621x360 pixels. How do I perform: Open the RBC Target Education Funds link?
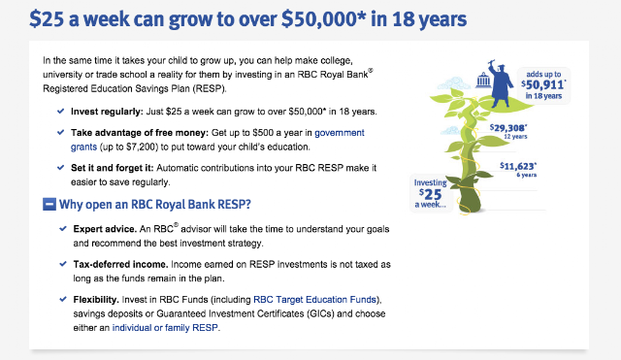[314, 300]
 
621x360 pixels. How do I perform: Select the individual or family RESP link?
[165, 328]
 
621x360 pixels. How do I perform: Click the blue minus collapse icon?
[49, 205]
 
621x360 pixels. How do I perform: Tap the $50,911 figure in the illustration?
[543, 84]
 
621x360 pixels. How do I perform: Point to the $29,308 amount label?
[508, 127]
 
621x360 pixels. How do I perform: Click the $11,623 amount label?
[518, 166]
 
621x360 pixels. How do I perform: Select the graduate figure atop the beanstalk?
[500, 83]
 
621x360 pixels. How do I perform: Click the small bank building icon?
[483, 80]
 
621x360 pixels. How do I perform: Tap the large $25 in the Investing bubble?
[430, 194]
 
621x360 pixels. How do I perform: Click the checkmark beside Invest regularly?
[60, 112]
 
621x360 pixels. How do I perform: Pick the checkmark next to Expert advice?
[63, 229]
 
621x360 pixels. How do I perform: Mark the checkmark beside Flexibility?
[63, 300]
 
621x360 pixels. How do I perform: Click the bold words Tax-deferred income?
[120, 264]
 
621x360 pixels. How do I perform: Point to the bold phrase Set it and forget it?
[113, 168]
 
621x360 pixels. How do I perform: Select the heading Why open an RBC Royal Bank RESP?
[155, 205]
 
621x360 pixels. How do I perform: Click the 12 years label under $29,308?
[515, 137]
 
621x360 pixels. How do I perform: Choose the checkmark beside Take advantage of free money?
[60, 132]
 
